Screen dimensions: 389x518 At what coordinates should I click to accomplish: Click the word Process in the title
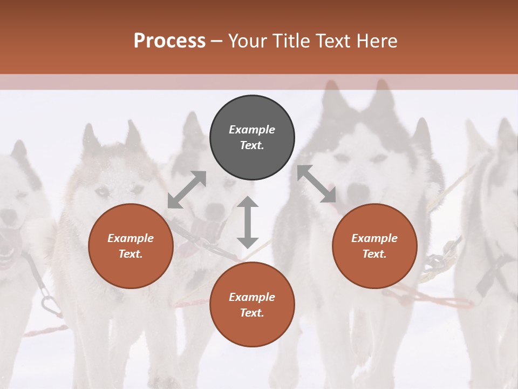tap(169, 41)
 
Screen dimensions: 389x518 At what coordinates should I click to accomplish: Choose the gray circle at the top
tap(252, 137)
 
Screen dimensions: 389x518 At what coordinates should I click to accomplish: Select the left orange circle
tap(131, 246)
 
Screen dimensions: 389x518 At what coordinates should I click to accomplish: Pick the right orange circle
tap(374, 246)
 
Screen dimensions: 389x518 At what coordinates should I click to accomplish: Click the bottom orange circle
tap(252, 305)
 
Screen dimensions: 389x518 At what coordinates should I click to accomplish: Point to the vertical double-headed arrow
tap(248, 222)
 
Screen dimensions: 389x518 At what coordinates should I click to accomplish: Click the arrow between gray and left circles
tap(187, 189)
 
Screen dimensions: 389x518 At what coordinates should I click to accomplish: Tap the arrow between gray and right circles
tap(316, 184)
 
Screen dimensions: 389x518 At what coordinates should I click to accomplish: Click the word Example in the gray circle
tap(252, 130)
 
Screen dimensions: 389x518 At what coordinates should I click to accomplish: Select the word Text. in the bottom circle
tap(252, 313)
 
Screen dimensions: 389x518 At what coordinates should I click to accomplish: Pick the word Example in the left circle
tap(131, 238)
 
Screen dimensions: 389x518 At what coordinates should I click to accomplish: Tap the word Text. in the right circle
tap(374, 254)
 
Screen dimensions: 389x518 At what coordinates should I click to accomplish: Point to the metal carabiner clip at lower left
tap(50, 305)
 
